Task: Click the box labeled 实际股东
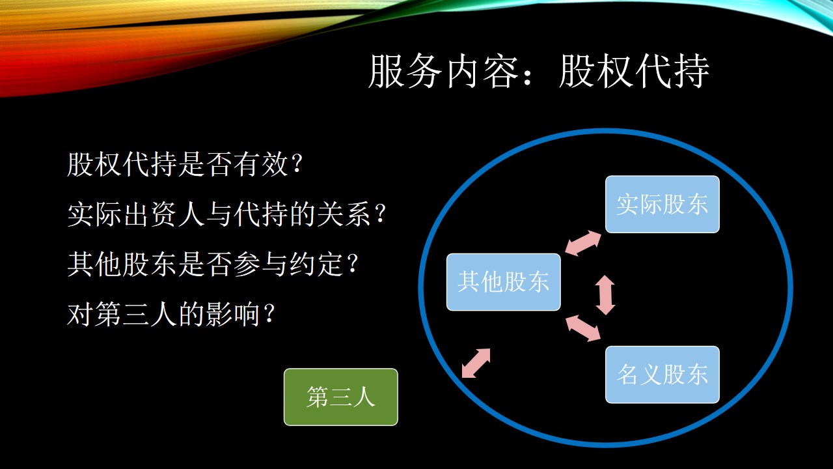[x=662, y=205]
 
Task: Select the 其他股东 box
[x=504, y=282]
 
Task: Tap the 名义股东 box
[x=662, y=375]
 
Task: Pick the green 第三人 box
[x=340, y=397]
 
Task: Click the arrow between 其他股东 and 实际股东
[x=582, y=243]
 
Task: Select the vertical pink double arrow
[x=605, y=295]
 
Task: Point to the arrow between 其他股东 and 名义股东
[x=583, y=328]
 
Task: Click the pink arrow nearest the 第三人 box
[x=476, y=363]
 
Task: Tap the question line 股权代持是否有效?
[x=184, y=164]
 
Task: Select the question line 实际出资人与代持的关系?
[x=226, y=214]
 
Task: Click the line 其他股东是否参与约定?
[x=212, y=264]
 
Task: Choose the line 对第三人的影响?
[x=171, y=314]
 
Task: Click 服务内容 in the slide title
[x=443, y=71]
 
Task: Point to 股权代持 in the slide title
[x=634, y=71]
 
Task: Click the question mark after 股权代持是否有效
[x=296, y=164]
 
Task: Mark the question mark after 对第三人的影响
[x=269, y=314]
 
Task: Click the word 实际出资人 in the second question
[x=136, y=214]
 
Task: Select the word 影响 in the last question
[x=232, y=314]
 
